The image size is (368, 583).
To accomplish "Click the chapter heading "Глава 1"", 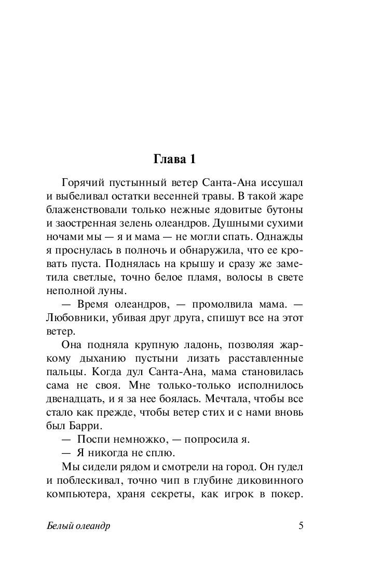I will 174,160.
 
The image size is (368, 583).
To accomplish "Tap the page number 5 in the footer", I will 301,525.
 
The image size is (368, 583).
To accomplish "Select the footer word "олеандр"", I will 93,526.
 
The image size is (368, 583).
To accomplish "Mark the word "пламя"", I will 195,277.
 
